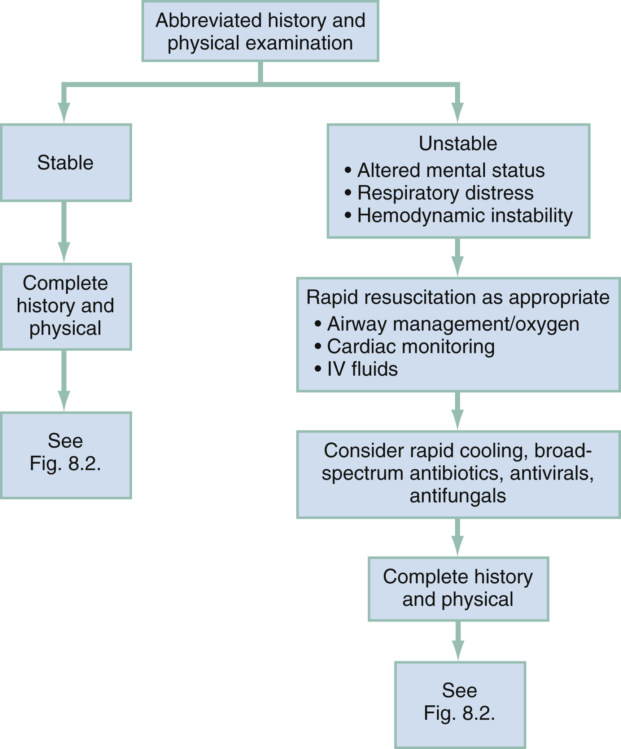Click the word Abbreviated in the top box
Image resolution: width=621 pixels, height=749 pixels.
click(x=209, y=21)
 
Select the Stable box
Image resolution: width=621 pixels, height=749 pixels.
click(x=65, y=163)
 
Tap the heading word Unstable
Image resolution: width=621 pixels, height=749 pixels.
click(x=458, y=144)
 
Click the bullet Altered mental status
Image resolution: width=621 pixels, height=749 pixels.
click(x=450, y=170)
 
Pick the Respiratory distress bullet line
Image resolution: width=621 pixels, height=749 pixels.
click(x=445, y=193)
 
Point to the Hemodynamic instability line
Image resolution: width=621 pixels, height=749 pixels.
click(x=464, y=216)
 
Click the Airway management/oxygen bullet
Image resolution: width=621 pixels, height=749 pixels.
click(x=453, y=324)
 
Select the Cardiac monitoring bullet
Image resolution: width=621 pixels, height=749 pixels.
click(x=410, y=347)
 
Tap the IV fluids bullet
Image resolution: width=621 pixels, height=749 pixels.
click(x=362, y=369)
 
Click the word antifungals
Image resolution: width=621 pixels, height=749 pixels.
click(x=458, y=496)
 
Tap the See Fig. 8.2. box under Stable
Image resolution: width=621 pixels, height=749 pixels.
click(x=65, y=455)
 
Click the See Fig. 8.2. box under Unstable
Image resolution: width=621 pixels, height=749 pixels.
click(x=459, y=705)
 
